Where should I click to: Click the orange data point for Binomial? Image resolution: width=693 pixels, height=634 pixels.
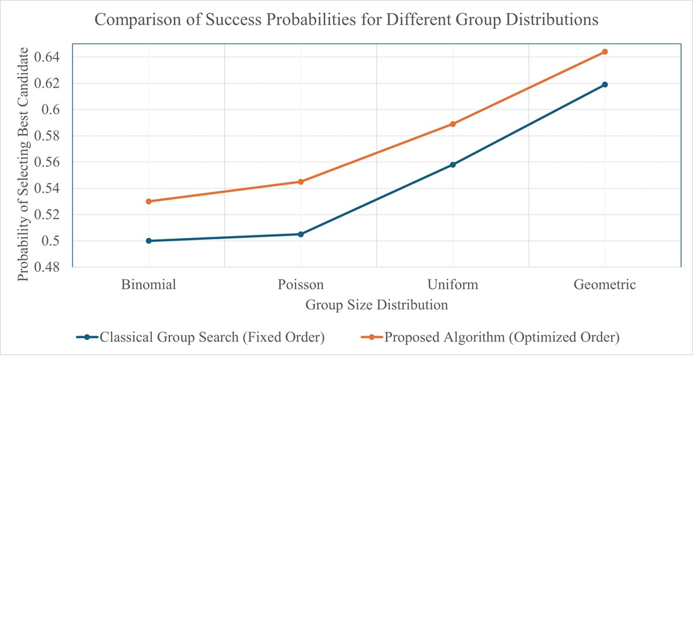click(x=149, y=201)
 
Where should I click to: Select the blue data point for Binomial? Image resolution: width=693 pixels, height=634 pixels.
click(x=149, y=241)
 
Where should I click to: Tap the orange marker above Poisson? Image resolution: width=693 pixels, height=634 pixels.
click(x=301, y=182)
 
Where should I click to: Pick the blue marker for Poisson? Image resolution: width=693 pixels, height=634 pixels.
click(x=301, y=234)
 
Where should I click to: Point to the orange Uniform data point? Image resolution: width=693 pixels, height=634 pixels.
click(x=453, y=124)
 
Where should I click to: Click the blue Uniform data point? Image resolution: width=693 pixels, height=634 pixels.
click(x=453, y=165)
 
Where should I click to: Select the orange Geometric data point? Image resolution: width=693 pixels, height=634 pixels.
click(x=605, y=52)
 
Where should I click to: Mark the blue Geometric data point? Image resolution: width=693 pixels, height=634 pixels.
click(x=605, y=84)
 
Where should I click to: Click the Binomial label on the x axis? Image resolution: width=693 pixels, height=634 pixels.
click(x=149, y=285)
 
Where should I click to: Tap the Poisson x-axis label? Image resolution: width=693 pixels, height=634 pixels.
click(x=301, y=285)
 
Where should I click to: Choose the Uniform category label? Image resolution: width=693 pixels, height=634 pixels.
click(x=453, y=285)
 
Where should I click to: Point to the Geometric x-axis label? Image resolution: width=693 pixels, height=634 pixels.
click(x=605, y=285)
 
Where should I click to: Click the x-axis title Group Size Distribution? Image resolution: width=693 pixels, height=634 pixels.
click(x=377, y=305)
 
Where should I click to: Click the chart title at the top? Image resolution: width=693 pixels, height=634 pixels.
click(x=346, y=20)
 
